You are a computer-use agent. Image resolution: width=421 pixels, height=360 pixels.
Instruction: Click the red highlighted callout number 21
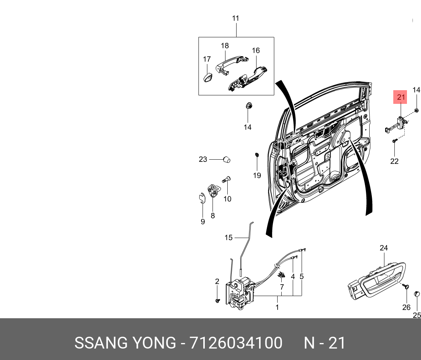[401, 98]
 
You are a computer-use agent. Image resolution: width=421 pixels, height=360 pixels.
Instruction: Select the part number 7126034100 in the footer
[235, 343]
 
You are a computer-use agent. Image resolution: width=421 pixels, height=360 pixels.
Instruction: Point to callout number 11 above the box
[235, 18]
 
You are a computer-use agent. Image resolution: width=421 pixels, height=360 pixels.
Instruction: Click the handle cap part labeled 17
[207, 77]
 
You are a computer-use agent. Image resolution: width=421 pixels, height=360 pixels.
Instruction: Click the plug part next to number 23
[226, 159]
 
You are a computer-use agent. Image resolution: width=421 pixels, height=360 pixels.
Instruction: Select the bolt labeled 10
[226, 180]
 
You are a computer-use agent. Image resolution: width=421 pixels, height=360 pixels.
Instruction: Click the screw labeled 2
[217, 301]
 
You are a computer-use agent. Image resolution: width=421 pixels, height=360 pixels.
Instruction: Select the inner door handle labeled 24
[375, 279]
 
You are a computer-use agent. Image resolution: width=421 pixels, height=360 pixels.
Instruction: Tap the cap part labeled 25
[417, 294]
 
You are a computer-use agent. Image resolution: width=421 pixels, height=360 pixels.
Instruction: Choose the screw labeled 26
[407, 286]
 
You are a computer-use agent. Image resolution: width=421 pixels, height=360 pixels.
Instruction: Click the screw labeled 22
[394, 141]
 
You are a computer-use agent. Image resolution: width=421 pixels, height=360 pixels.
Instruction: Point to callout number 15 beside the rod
[228, 237]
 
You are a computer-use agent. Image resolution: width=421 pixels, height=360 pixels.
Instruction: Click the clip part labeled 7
[282, 275]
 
